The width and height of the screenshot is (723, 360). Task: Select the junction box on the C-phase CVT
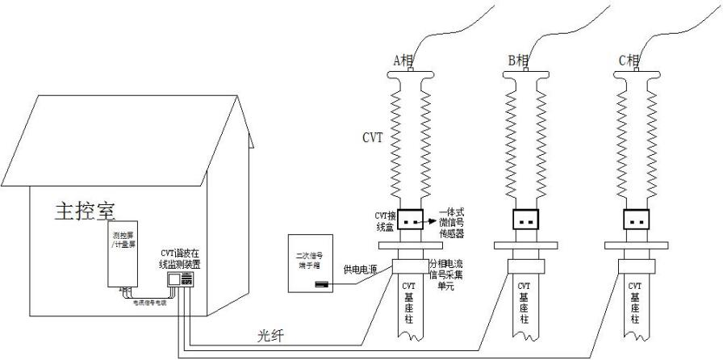coord(637,219)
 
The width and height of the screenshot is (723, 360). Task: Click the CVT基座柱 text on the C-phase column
coord(636,303)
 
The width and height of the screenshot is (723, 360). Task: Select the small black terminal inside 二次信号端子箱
coord(321,283)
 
